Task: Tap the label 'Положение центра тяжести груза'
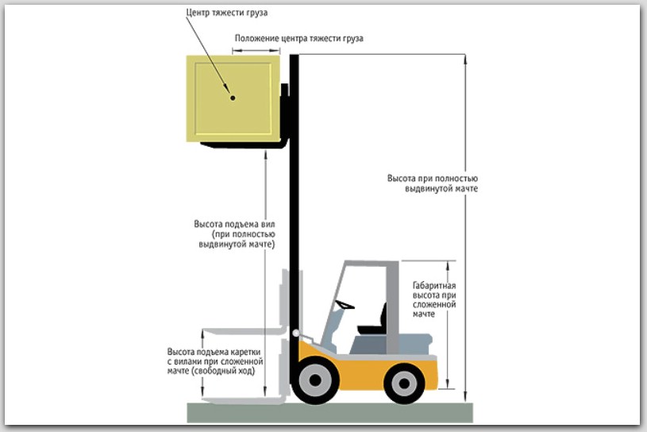298,38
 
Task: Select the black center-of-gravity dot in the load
233,98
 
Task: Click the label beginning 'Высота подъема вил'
235,234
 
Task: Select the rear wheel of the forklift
404,383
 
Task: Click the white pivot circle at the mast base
296,334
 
